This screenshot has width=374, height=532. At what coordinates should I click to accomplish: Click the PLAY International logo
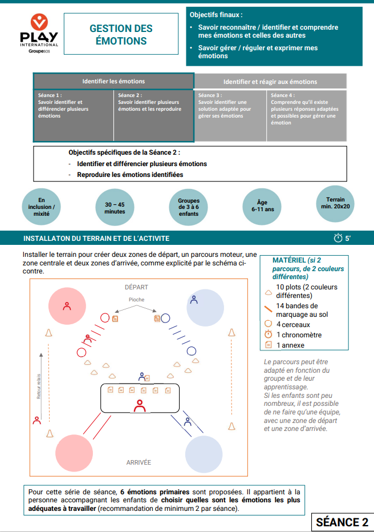39,34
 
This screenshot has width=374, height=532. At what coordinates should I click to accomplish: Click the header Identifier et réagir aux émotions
270,82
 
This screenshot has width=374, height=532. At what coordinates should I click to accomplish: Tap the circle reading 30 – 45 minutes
115,207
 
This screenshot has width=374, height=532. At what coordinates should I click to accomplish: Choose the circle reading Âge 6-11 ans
263,205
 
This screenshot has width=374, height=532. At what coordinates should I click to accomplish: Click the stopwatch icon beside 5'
338,238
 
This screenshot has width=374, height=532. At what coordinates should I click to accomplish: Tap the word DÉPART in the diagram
136,287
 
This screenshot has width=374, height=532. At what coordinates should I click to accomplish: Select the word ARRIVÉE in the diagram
139,462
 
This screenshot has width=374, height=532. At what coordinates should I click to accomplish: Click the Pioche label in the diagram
136,299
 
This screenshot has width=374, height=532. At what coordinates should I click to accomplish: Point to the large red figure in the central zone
139,405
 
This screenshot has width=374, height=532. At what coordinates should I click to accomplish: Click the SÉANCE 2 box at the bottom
342,522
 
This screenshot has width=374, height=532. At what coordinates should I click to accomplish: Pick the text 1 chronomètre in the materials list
299,334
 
